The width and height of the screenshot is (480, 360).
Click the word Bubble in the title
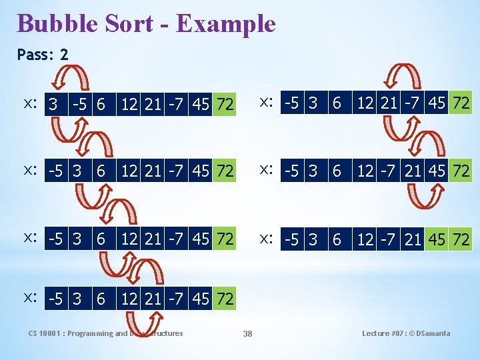point(53,24)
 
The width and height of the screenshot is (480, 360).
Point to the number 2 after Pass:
point(64,55)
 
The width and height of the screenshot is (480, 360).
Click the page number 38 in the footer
point(247,333)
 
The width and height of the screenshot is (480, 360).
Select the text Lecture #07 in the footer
point(383,333)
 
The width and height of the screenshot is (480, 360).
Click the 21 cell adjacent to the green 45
point(413,239)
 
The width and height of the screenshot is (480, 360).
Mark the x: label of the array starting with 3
point(30,103)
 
